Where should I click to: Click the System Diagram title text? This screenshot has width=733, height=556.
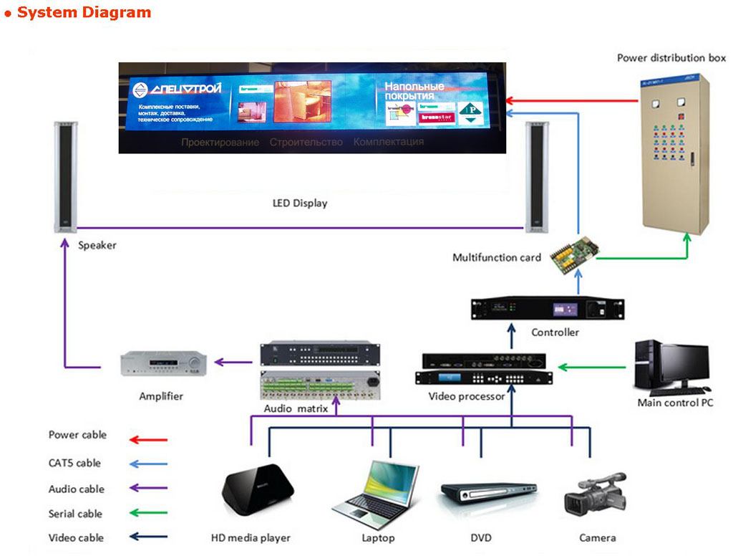click(x=84, y=12)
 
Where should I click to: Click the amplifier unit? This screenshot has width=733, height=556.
click(x=164, y=365)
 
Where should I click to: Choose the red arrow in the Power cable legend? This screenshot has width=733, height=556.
click(x=148, y=439)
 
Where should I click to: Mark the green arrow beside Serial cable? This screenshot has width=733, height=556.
click(x=148, y=513)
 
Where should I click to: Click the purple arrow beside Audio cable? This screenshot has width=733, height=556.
click(x=148, y=489)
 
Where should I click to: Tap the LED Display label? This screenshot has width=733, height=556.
click(x=300, y=203)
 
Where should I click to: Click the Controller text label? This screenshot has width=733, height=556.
click(x=555, y=332)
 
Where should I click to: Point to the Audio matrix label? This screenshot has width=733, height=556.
click(x=296, y=408)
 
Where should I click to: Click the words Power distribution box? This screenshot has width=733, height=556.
click(x=671, y=57)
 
